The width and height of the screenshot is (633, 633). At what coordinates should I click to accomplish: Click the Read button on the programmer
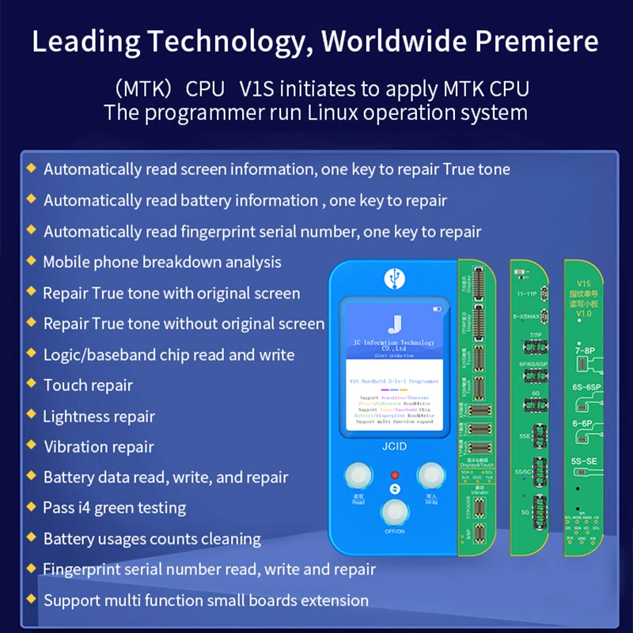point(357,476)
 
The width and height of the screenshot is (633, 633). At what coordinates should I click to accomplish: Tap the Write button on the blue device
point(431,476)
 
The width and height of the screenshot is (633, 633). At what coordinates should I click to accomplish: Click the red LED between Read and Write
point(394,476)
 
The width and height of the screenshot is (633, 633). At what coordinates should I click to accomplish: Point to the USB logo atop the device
point(393,279)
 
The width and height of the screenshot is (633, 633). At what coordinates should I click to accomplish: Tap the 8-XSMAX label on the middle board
point(528,316)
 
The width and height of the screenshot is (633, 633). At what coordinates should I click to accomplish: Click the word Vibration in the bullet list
point(77,447)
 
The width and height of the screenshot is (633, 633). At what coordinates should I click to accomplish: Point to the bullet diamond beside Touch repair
point(31,385)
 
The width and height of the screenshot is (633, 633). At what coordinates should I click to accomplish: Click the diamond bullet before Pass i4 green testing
point(31,507)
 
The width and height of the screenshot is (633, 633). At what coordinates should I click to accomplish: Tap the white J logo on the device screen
point(393,322)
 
